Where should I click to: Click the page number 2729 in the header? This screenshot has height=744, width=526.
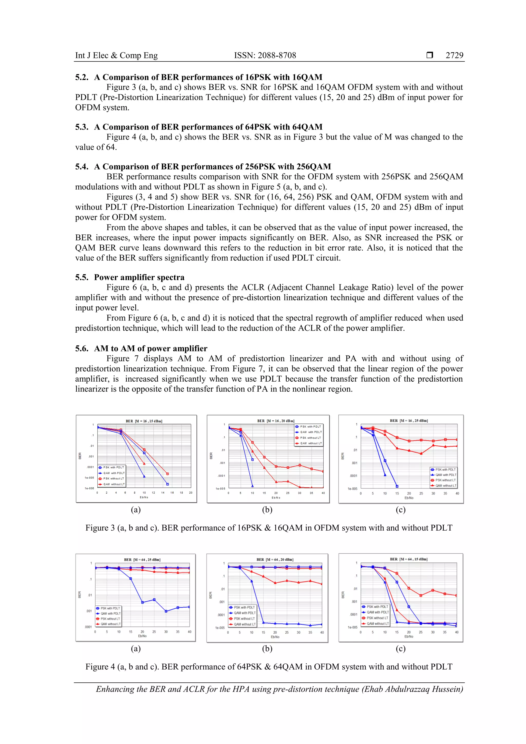click(x=454, y=55)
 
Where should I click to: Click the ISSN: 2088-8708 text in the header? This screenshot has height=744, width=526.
click(x=265, y=55)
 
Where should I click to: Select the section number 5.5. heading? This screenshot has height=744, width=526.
click(x=82, y=277)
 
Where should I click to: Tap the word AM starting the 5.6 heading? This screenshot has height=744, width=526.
click(x=101, y=349)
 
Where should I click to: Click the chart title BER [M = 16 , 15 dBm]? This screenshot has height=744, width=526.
click(x=144, y=421)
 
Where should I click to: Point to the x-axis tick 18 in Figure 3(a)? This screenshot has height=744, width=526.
click(x=181, y=493)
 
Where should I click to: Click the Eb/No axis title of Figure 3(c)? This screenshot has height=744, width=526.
click(x=409, y=498)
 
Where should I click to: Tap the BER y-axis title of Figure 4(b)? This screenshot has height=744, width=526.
click(x=211, y=595)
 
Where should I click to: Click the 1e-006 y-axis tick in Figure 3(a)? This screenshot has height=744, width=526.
click(x=89, y=488)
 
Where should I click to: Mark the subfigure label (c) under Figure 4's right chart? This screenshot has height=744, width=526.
click(x=401, y=648)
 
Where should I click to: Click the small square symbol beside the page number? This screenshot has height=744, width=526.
click(x=430, y=55)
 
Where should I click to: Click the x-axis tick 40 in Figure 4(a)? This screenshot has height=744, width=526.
click(x=189, y=632)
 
